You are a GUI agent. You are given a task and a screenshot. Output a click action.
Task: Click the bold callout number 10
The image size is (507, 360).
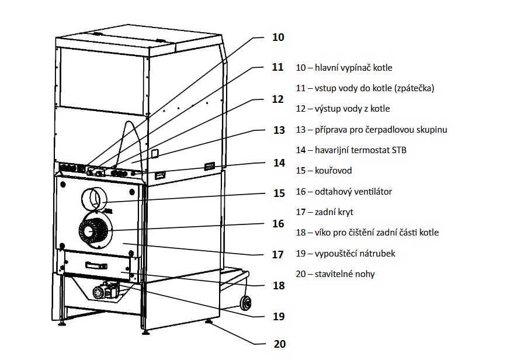click(278, 37)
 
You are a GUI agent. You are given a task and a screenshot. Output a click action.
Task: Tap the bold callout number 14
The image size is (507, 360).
click(279, 162)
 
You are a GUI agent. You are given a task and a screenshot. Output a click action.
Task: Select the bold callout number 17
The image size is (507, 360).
click(278, 255)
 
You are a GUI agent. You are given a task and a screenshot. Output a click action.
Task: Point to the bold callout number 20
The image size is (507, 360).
click(280, 344)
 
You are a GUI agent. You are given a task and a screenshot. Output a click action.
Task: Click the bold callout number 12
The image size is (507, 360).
click(278, 99)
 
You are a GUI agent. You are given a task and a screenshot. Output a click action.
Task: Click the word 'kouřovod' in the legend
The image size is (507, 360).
click(334, 171)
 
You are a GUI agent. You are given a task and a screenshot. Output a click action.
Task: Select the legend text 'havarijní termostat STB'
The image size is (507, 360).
click(360, 150)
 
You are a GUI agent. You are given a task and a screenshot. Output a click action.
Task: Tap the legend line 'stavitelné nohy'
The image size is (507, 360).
click(345, 274)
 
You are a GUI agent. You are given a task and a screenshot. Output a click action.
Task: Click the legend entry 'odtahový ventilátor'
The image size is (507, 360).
click(353, 192)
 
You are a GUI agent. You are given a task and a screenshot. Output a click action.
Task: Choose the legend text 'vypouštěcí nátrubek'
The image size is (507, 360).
click(355, 253)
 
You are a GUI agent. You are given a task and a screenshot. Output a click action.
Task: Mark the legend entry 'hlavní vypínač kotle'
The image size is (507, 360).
click(353, 68)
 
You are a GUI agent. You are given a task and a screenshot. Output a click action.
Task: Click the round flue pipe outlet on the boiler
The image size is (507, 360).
click(94, 198)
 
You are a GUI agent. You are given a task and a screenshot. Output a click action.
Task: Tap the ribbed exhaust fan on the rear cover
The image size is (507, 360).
click(95, 230)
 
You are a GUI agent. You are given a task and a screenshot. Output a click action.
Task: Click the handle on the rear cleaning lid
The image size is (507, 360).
click(96, 266)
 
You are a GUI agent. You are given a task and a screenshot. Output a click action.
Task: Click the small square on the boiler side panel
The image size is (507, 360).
click(155, 153)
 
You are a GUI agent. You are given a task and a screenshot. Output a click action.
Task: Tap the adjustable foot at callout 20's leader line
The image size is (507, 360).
click(209, 322)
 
